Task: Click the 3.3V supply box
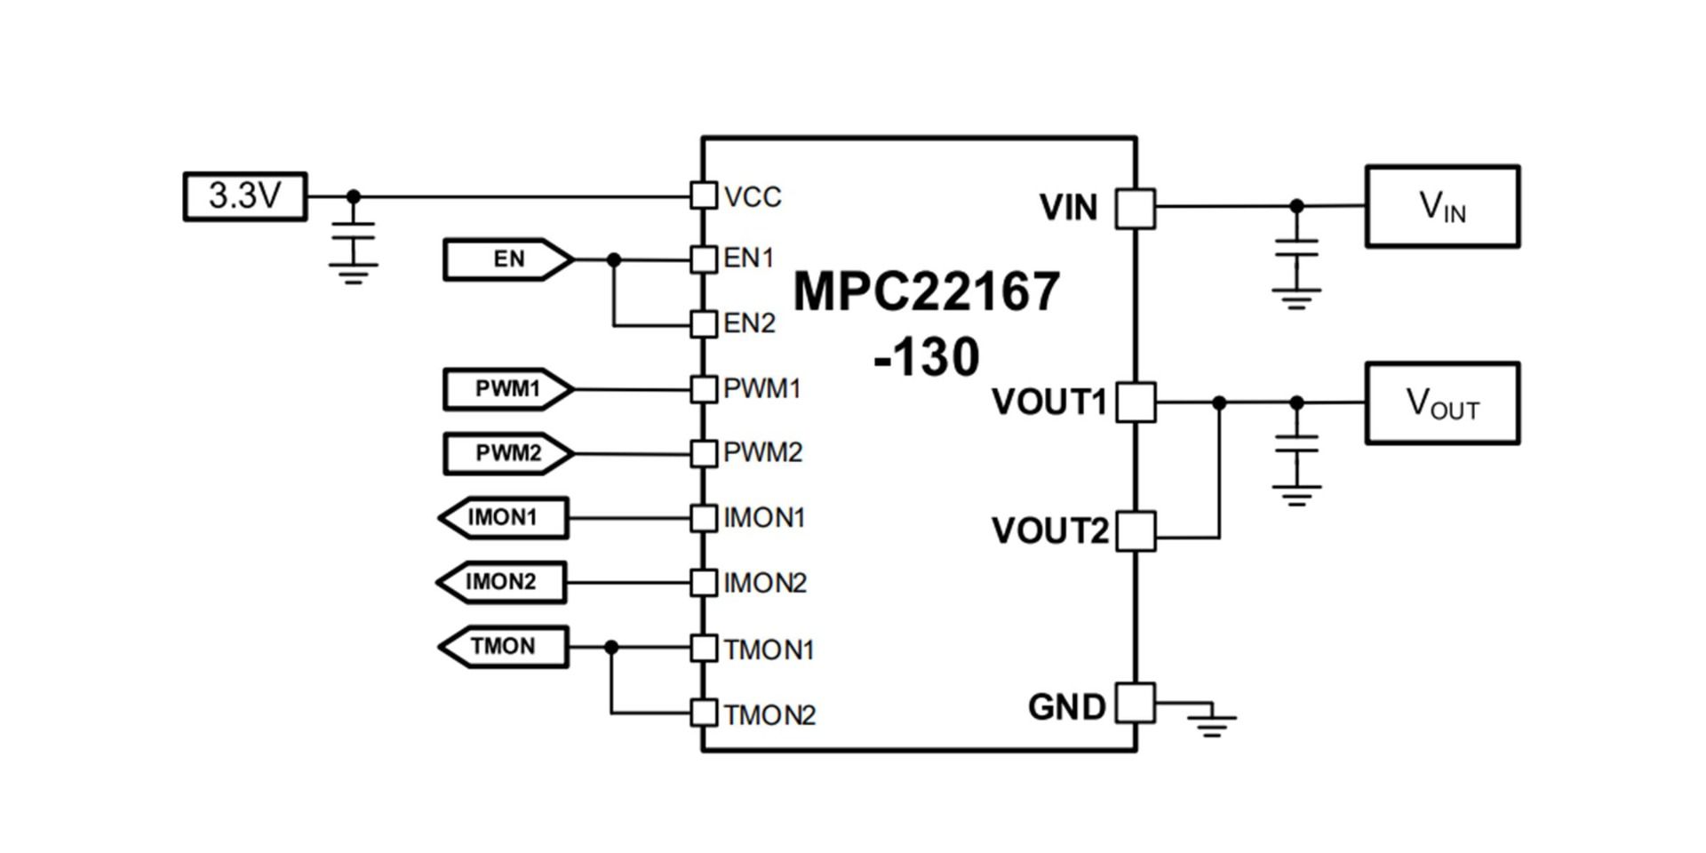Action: [x=245, y=196]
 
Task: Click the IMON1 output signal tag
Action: [x=504, y=518]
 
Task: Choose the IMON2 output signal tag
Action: [x=502, y=583]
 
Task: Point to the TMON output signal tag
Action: [x=504, y=647]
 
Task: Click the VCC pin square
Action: [x=704, y=195]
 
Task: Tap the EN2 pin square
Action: [x=704, y=323]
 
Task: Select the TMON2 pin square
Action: [x=704, y=713]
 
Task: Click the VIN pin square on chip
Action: [x=1135, y=208]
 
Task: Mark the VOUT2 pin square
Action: [x=1135, y=530]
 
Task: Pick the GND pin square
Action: [x=1135, y=703]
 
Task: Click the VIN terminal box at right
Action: [x=1442, y=206]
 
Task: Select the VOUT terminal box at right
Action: [x=1442, y=403]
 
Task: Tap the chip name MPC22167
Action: [x=927, y=291]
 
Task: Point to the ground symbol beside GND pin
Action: [x=1211, y=721]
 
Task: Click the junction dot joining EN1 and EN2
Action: [x=613, y=260]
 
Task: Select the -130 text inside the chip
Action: [x=927, y=357]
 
